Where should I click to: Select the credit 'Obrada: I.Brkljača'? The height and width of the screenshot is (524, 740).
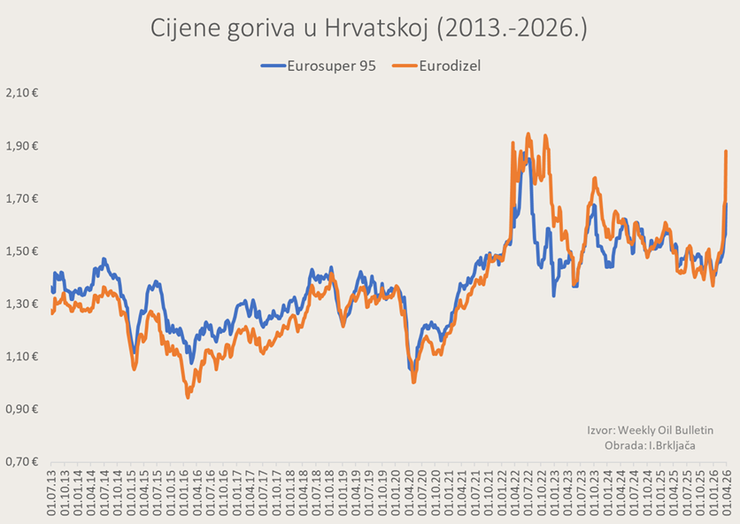649,444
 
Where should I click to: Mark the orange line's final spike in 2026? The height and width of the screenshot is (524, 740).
726,152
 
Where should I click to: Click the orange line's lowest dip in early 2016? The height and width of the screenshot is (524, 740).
188,397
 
